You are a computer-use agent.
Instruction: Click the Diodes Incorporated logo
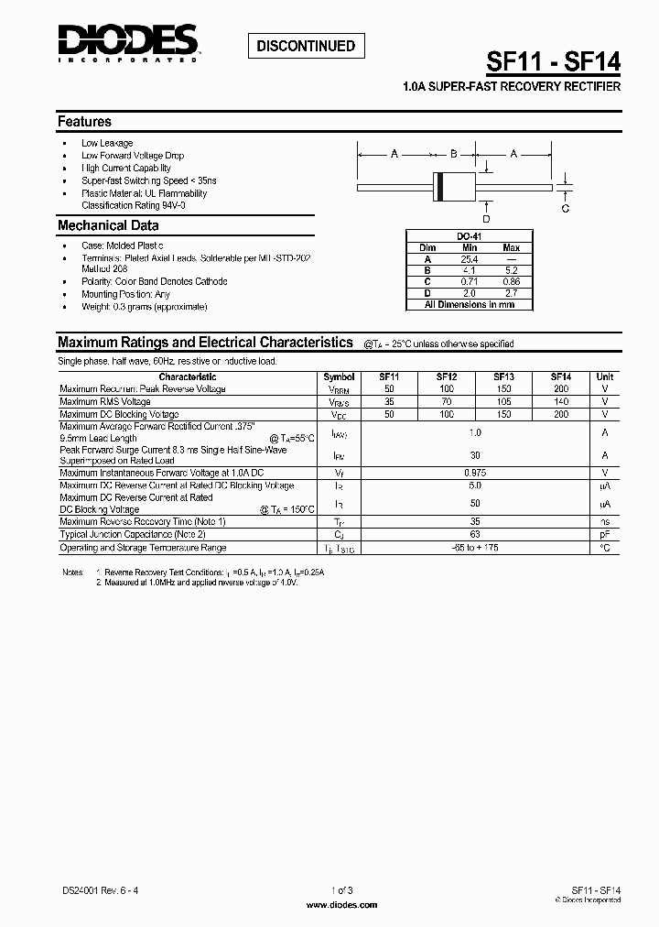pyautogui.click(x=127, y=43)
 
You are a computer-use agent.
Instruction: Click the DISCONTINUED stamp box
pyautogui.click(x=307, y=46)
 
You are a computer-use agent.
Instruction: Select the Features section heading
pyautogui.click(x=84, y=121)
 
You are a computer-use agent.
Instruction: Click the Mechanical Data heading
pyautogui.click(x=108, y=225)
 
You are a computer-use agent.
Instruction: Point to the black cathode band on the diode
pyautogui.click(x=441, y=186)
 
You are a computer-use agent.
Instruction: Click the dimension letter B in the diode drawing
pyautogui.click(x=453, y=154)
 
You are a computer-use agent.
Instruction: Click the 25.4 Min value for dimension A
pyautogui.click(x=470, y=259)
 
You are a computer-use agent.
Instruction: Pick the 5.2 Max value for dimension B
pyautogui.click(x=511, y=271)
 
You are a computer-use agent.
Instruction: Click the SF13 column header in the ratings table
pyautogui.click(x=503, y=376)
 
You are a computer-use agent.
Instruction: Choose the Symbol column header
pyautogui.click(x=339, y=376)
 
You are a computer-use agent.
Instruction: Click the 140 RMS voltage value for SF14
pyautogui.click(x=561, y=401)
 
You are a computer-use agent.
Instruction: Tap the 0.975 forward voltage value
pyautogui.click(x=474, y=472)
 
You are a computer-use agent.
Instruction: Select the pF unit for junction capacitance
pyautogui.click(x=605, y=534)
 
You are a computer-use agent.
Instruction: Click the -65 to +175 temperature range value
pyautogui.click(x=474, y=547)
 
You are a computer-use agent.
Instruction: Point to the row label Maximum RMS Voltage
pyautogui.click(x=105, y=401)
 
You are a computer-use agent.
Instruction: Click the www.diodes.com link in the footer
pyautogui.click(x=340, y=905)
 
